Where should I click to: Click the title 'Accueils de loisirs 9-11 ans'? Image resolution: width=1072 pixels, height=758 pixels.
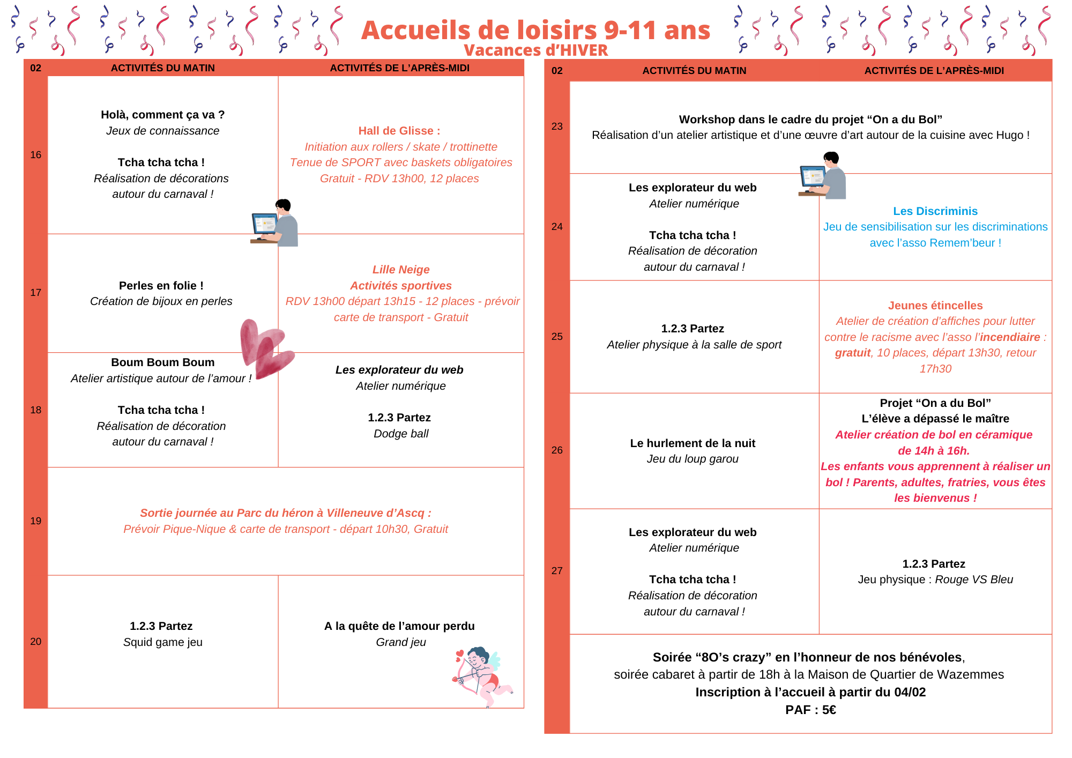[x=535, y=30]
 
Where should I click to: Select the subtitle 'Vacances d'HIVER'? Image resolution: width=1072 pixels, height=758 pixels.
[x=535, y=50]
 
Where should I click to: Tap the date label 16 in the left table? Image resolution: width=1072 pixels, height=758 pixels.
[x=35, y=155]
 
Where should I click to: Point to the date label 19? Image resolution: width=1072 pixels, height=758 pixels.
[x=35, y=521]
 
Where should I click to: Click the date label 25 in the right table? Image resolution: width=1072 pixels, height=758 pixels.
[x=557, y=337]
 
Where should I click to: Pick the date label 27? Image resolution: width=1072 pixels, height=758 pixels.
[x=557, y=571]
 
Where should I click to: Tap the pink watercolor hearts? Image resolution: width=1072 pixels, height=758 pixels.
[x=265, y=348]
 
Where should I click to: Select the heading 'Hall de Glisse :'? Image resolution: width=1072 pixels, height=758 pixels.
[x=399, y=131]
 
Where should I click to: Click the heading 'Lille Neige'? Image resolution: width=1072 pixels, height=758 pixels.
[x=401, y=270]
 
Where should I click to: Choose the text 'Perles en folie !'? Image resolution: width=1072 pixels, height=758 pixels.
[x=161, y=286]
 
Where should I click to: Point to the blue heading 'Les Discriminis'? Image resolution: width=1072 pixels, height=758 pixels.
[x=935, y=211]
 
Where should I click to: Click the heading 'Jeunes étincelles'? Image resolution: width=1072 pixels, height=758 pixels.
[x=935, y=306]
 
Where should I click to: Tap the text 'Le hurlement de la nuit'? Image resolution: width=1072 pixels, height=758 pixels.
[x=693, y=443]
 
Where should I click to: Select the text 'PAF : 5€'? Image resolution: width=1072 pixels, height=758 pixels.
[x=810, y=710]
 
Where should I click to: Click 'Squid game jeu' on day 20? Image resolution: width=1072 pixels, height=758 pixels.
[x=162, y=642]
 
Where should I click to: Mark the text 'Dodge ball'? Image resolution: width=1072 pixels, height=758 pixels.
[x=401, y=434]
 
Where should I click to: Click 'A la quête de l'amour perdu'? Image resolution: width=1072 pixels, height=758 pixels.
[x=399, y=626]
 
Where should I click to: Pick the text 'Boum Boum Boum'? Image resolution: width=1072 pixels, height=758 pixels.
[x=162, y=362]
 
